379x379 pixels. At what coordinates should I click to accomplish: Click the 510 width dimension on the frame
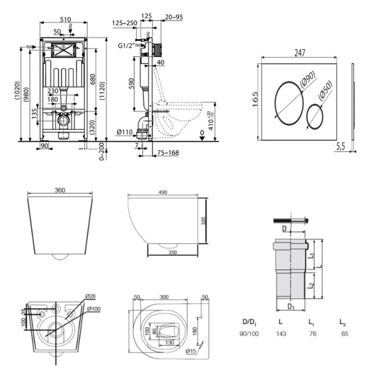[65, 19]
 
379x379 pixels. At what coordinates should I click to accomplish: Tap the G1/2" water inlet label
[126, 46]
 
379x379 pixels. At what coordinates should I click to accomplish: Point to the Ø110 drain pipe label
[125, 132]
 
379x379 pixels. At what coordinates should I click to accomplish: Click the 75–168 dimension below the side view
[168, 152]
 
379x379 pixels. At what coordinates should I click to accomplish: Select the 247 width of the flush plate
[300, 53]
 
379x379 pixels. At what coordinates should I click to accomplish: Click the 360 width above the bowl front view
[60, 190]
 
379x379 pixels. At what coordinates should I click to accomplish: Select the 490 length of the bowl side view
[162, 192]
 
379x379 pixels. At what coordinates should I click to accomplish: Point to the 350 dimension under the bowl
[173, 252]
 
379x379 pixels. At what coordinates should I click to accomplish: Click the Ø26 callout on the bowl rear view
[91, 296]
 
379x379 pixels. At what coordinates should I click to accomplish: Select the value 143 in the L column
[281, 334]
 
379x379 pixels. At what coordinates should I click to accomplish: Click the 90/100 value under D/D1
[249, 334]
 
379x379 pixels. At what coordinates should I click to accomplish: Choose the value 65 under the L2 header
[345, 334]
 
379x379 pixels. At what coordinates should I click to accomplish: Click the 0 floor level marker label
[202, 133]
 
